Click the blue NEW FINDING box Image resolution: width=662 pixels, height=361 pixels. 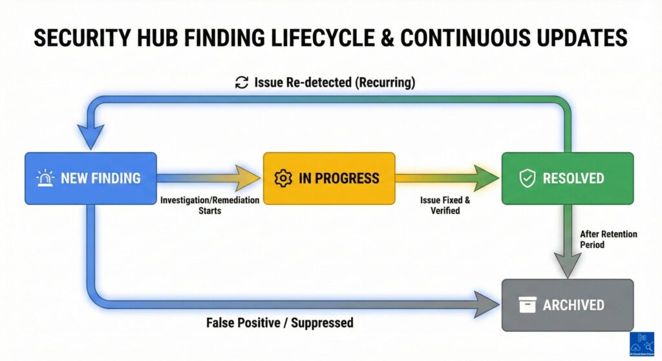[x=91, y=179]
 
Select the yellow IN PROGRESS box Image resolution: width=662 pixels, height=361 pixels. [x=328, y=179]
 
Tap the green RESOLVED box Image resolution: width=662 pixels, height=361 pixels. [x=568, y=179]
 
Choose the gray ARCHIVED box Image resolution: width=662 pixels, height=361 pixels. [x=568, y=305]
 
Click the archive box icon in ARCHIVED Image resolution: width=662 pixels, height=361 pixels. [x=528, y=305]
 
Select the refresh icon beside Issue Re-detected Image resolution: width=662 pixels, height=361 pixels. [x=242, y=82]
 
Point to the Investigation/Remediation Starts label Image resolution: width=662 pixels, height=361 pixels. [x=209, y=205]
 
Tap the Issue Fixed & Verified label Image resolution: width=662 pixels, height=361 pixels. [x=445, y=205]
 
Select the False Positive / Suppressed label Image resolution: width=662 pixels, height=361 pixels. [x=280, y=322]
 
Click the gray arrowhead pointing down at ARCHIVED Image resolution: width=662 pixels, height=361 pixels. [x=566, y=265]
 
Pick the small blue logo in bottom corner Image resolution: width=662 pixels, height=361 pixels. [x=642, y=344]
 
